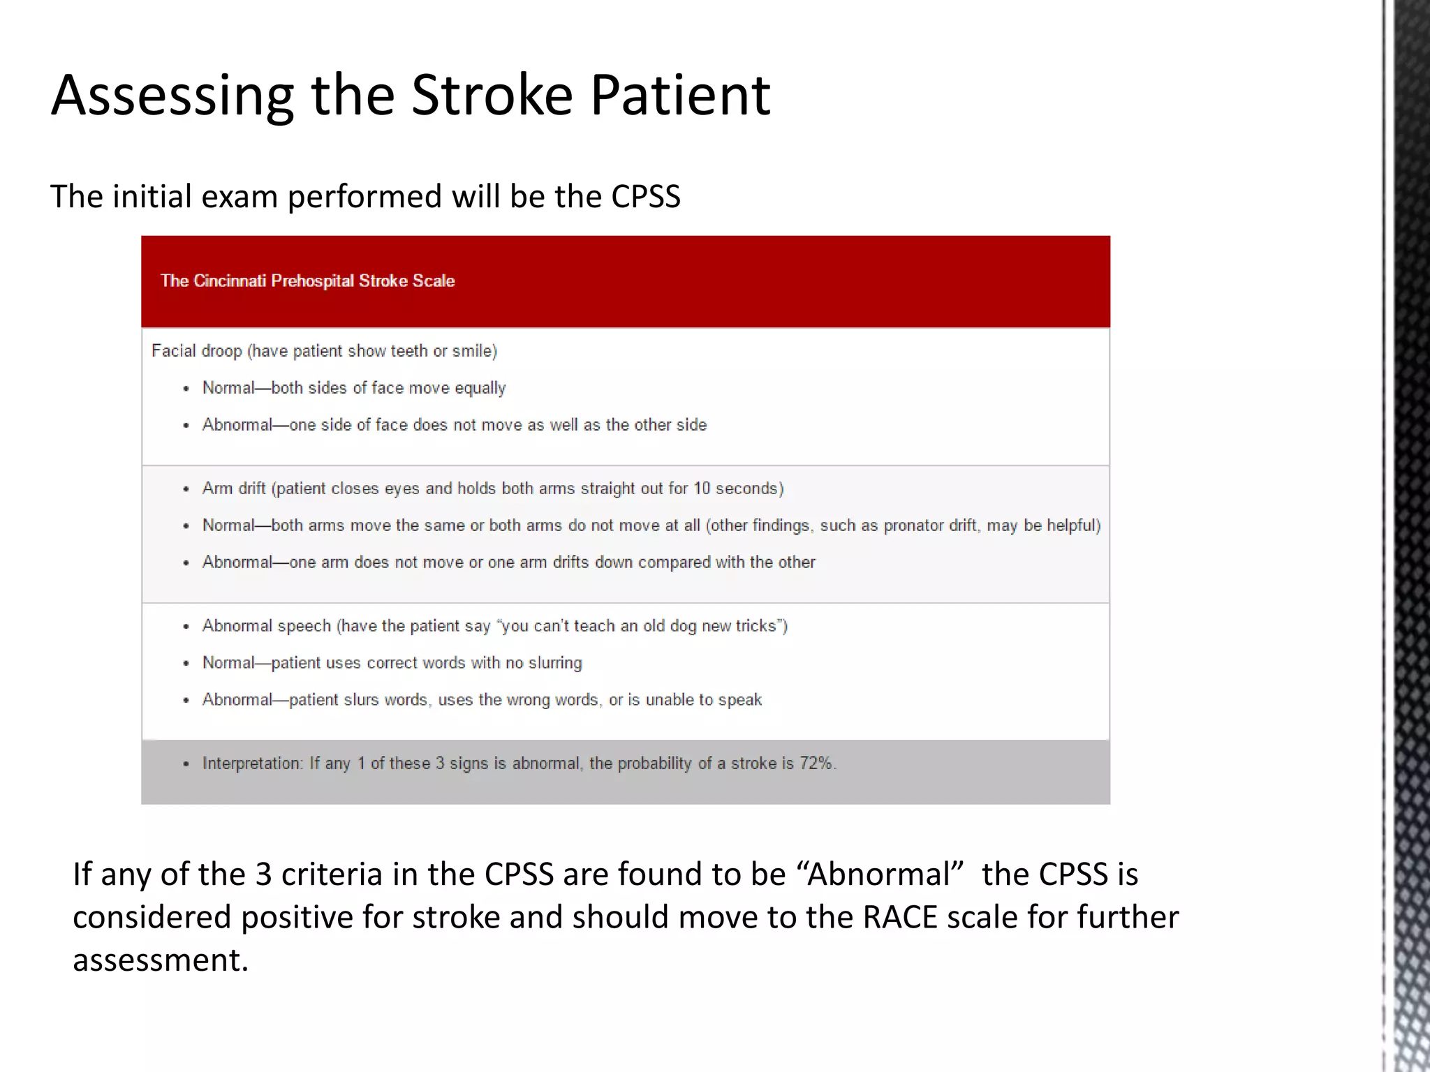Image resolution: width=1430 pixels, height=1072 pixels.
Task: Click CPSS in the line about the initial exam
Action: (x=645, y=196)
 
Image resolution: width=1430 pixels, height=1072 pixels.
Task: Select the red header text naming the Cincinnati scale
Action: (x=307, y=281)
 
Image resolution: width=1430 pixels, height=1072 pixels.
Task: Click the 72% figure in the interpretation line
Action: (x=816, y=763)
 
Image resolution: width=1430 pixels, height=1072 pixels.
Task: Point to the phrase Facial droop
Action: (x=196, y=350)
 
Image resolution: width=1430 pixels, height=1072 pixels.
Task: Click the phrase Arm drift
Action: (x=234, y=488)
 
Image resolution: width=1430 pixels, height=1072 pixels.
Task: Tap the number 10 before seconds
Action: (x=702, y=488)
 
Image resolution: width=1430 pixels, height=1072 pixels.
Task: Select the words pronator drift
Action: (x=930, y=525)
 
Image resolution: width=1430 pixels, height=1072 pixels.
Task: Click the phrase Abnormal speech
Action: (x=266, y=625)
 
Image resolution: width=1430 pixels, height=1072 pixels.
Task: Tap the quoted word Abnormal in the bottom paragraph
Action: (x=880, y=874)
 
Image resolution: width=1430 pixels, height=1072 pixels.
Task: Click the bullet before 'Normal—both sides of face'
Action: (x=186, y=389)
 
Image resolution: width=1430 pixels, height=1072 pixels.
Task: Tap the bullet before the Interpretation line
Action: (x=186, y=764)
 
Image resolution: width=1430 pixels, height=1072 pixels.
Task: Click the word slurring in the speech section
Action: (x=555, y=662)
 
